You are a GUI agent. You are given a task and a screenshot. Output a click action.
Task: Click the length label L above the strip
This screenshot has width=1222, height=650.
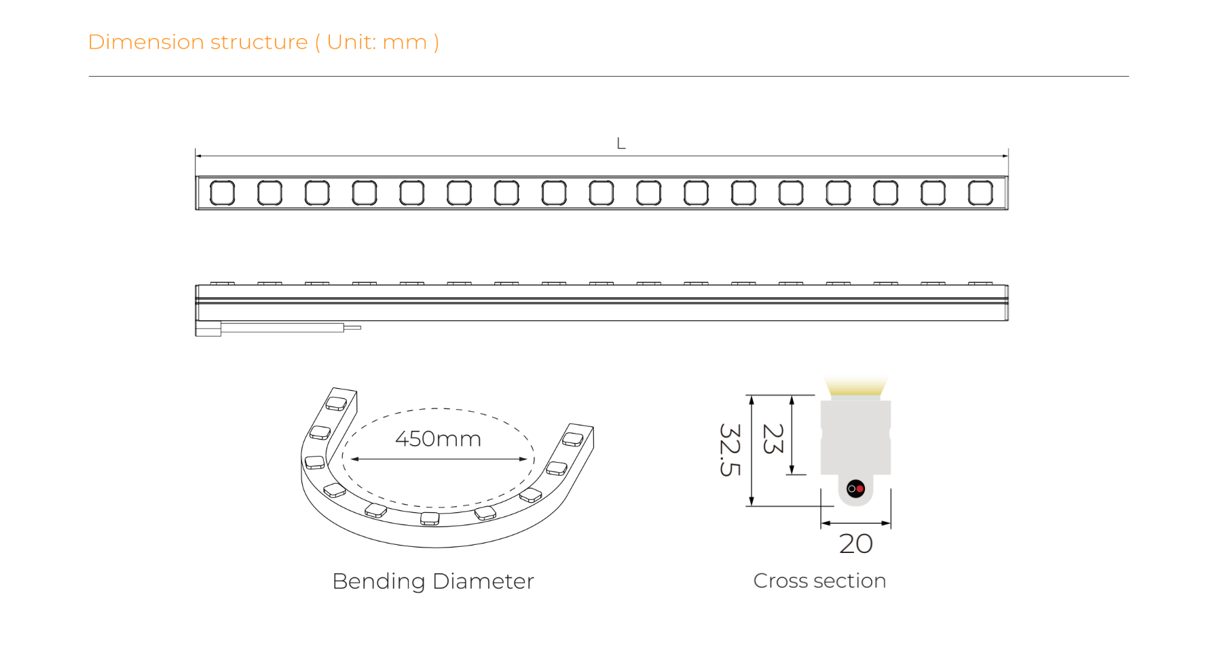[621, 143]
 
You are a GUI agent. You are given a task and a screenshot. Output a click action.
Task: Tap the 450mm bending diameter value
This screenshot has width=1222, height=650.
[439, 439]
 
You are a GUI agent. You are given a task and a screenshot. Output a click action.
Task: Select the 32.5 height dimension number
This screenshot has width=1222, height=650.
[730, 450]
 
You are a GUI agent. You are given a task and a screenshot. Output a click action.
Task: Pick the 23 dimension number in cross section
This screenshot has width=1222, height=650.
[773, 438]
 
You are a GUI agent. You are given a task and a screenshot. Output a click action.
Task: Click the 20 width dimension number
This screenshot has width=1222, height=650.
[856, 543]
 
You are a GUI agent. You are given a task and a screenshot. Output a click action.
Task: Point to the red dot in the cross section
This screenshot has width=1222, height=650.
[859, 489]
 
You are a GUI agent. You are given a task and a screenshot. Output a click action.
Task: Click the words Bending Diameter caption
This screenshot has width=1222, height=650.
[433, 581]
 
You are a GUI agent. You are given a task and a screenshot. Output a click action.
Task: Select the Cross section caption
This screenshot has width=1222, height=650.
[819, 581]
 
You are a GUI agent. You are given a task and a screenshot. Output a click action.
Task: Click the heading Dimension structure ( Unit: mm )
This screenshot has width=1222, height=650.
[263, 42]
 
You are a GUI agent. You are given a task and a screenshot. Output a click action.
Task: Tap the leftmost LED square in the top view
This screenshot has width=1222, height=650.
[222, 193]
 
